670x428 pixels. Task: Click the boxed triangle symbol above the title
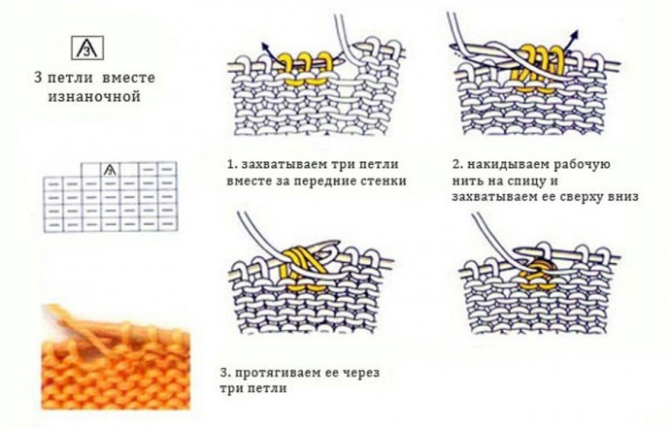click(x=87, y=48)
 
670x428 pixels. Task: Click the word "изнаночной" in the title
click(x=94, y=96)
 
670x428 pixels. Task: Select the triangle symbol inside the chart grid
click(x=111, y=170)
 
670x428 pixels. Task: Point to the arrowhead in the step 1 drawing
click(x=265, y=46)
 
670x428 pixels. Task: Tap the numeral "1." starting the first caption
click(x=232, y=164)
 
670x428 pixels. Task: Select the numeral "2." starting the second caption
click(x=458, y=164)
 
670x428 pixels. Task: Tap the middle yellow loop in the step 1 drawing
click(x=304, y=68)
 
